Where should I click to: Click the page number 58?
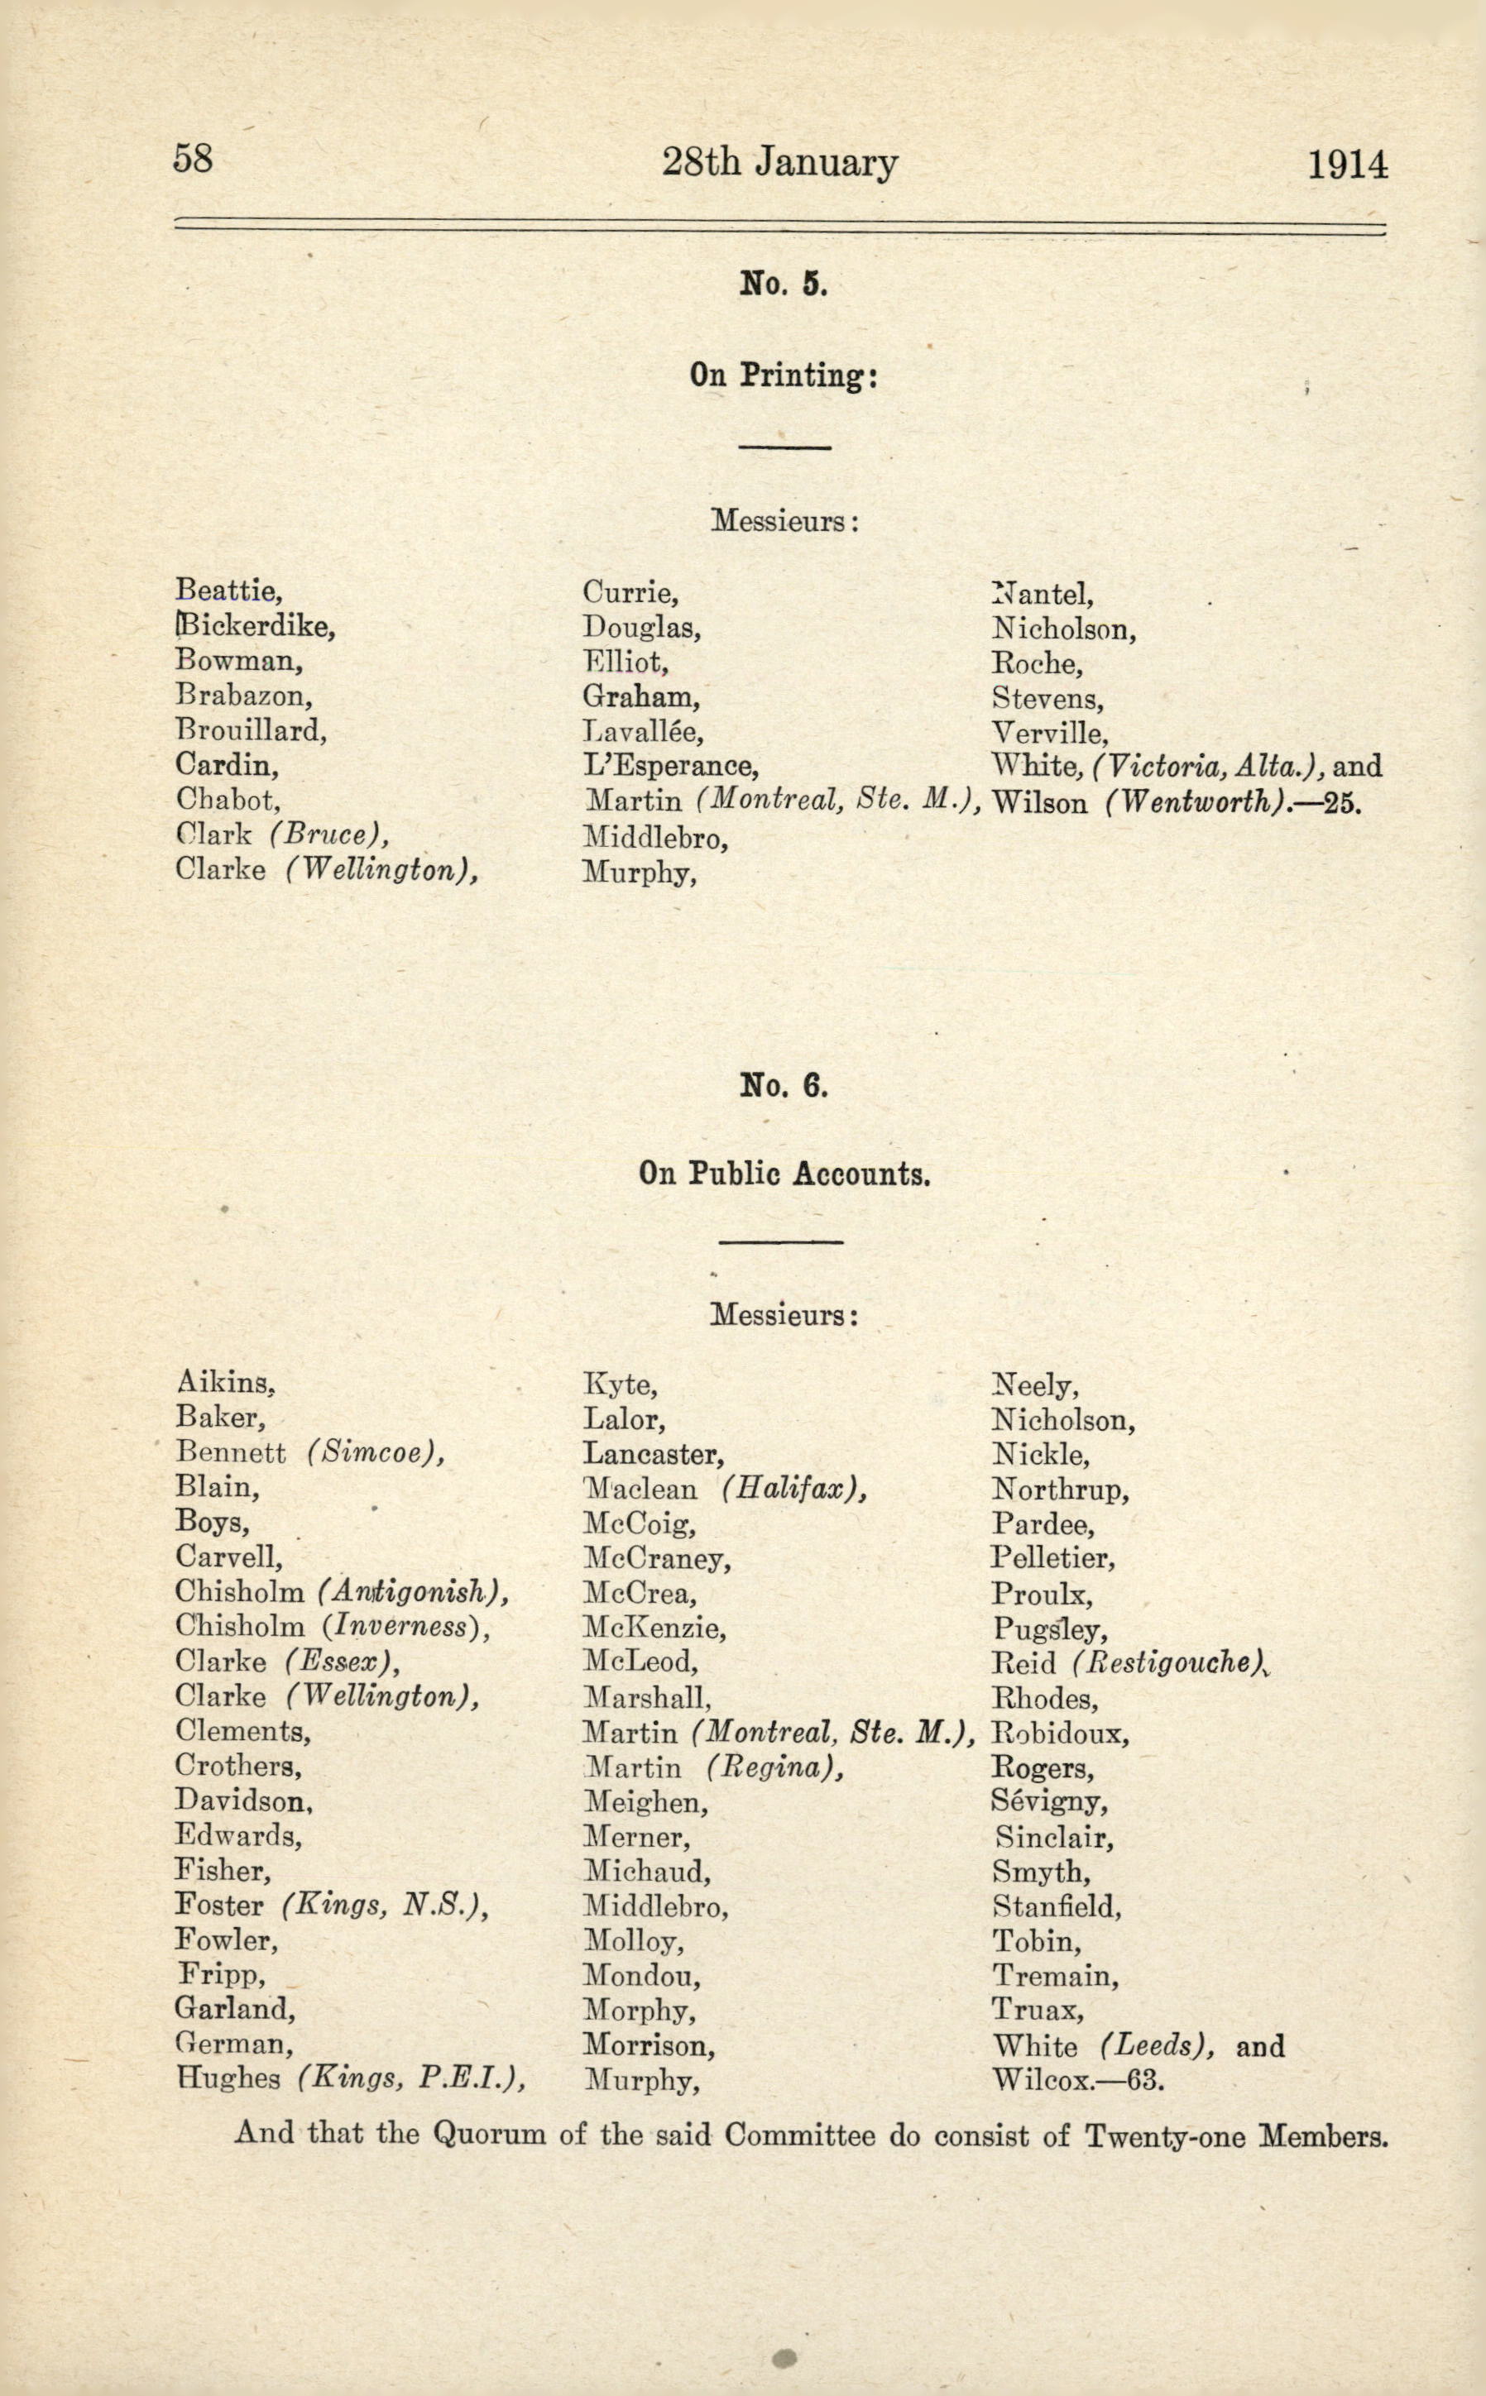[x=193, y=158]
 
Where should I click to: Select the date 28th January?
[x=779, y=162]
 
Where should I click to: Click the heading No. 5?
[x=784, y=285]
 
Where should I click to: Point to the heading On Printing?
[x=783, y=375]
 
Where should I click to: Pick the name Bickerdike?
[x=256, y=626]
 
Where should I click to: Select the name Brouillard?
[x=251, y=730]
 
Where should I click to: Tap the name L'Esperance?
[x=670, y=765]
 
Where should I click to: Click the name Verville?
[x=1050, y=733]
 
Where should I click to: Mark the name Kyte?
[x=621, y=1385]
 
